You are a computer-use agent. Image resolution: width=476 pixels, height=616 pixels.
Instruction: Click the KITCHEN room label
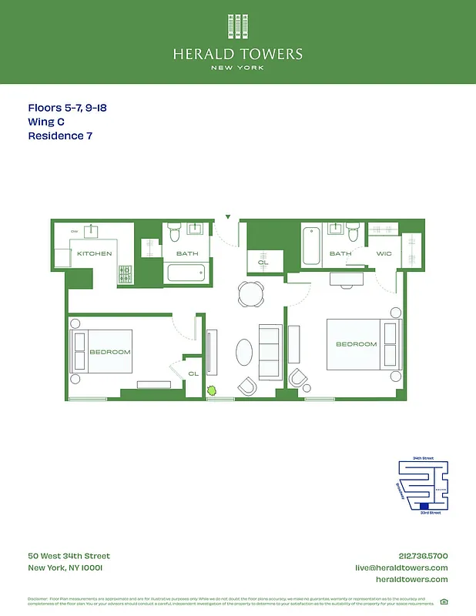click(94, 253)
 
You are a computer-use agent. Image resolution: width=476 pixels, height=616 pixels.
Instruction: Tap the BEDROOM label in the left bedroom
click(109, 352)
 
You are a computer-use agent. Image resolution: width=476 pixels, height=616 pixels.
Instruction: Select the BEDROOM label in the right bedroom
click(356, 344)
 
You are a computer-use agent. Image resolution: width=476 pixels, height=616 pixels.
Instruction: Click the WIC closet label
click(384, 253)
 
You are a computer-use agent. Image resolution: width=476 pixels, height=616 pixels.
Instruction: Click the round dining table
click(250, 293)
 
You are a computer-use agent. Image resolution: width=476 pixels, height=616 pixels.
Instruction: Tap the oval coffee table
click(243, 353)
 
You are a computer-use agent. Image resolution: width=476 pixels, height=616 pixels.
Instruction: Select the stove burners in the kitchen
click(126, 273)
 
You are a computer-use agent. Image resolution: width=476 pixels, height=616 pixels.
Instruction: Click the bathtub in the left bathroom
click(186, 273)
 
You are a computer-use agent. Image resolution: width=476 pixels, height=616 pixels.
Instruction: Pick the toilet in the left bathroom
click(174, 229)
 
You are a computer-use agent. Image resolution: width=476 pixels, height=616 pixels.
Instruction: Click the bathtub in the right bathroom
click(311, 246)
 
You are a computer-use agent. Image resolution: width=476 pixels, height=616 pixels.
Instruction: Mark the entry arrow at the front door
click(227, 217)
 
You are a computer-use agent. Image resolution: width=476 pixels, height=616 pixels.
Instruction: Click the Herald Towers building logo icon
click(237, 26)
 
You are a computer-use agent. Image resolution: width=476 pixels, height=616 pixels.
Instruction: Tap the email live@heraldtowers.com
click(401, 567)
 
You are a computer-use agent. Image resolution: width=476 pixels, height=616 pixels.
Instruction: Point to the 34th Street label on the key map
click(423, 458)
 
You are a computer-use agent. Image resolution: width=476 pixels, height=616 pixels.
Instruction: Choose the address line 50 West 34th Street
click(69, 556)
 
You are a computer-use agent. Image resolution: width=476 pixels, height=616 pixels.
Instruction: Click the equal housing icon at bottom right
click(444, 601)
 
